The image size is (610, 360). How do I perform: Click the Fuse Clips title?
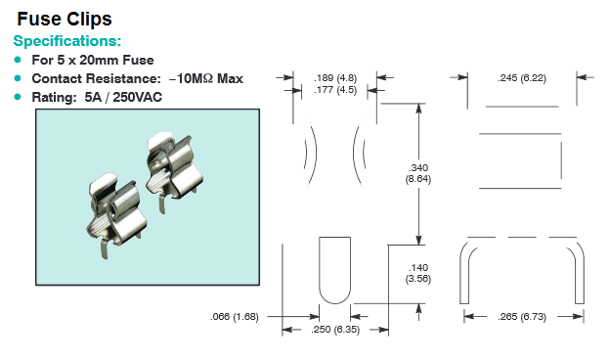[65, 19]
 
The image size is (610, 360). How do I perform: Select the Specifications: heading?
[67, 41]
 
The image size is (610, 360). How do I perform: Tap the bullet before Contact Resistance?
[18, 78]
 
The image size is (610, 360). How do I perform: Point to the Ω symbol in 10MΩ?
[208, 78]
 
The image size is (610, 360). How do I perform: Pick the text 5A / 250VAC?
[123, 97]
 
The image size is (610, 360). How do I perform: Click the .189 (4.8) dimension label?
[335, 78]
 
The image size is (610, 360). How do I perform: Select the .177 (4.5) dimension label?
[335, 90]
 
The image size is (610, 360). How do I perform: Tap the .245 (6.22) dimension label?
[522, 78]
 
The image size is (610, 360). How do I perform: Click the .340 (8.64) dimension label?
[418, 173]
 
